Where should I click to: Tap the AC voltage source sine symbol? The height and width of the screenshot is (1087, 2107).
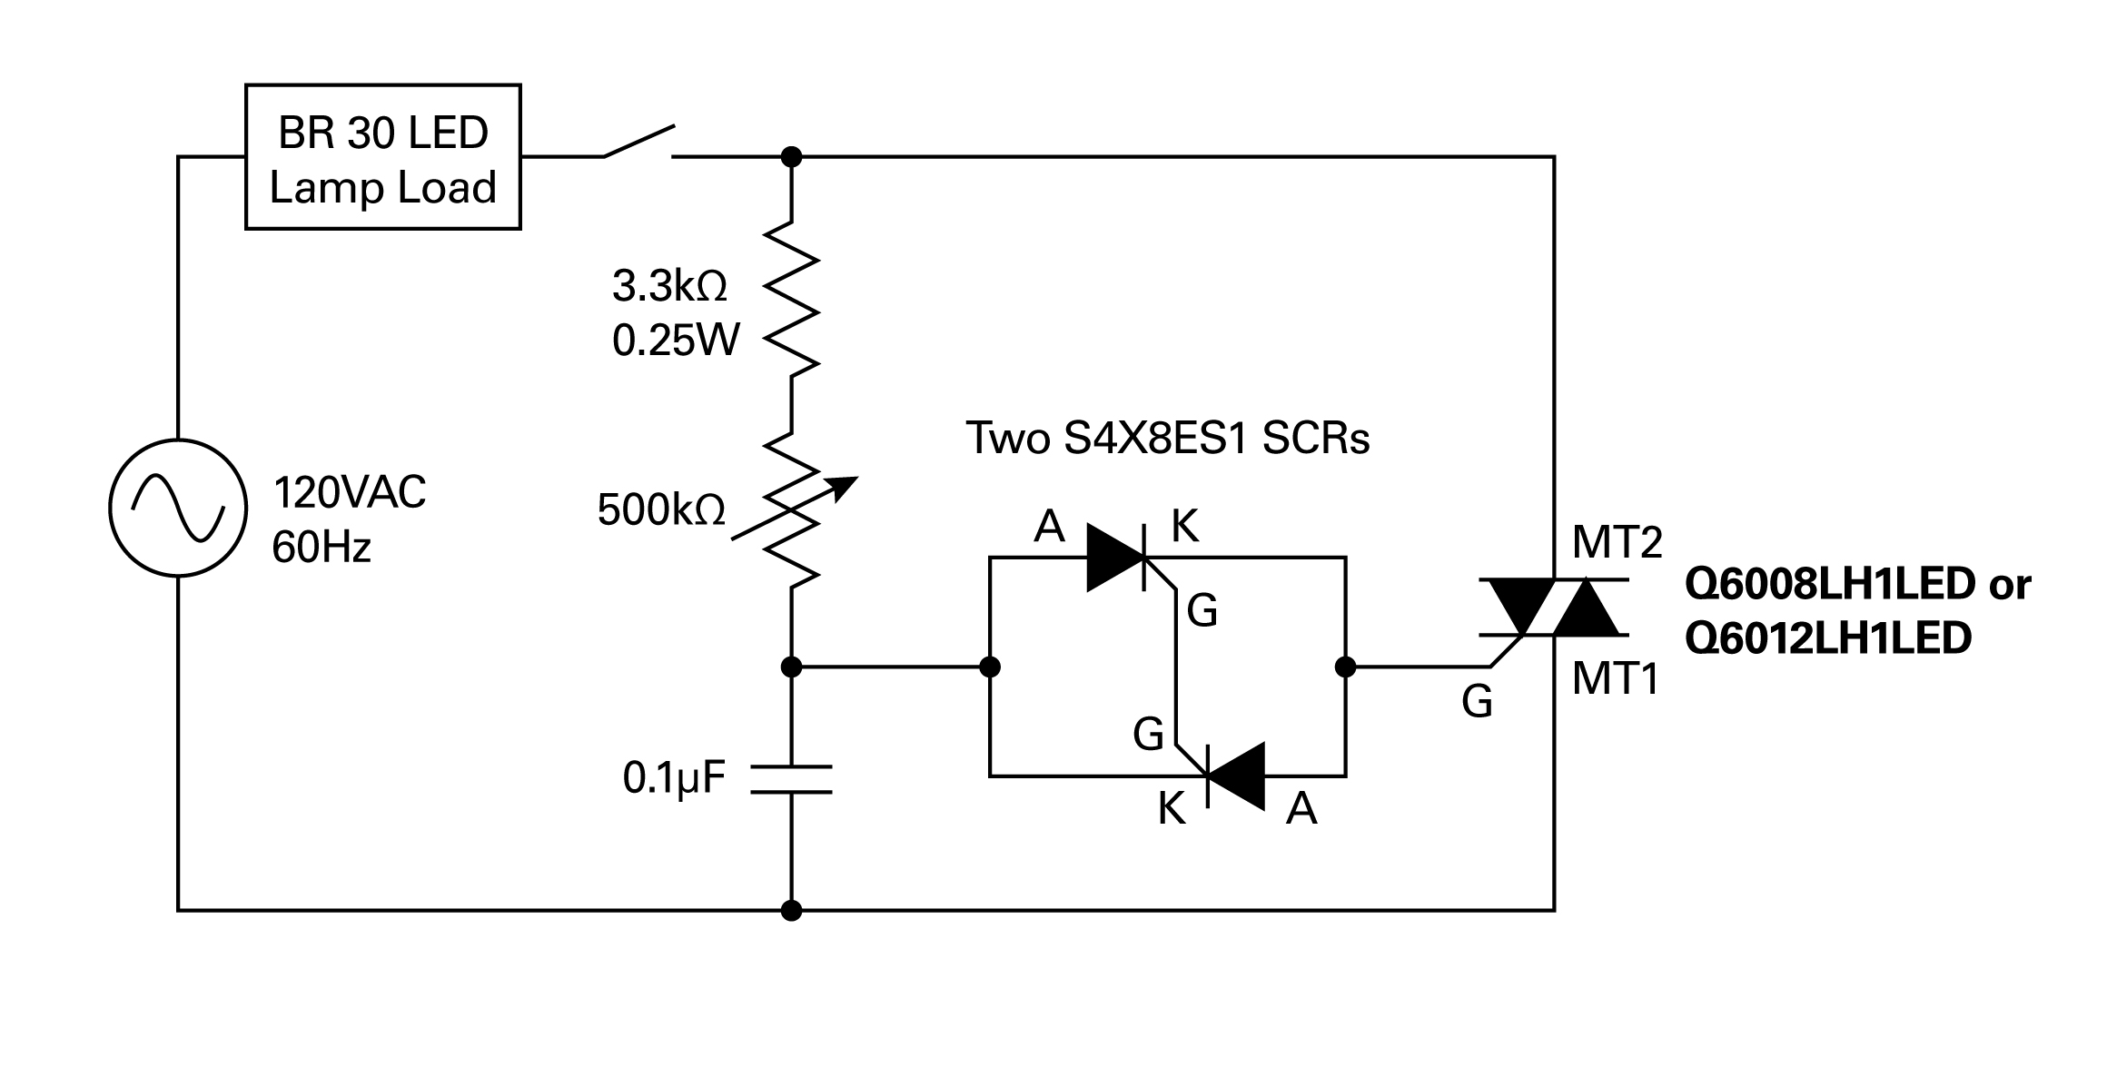point(178,508)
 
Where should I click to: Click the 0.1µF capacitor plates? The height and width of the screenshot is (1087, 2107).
point(792,779)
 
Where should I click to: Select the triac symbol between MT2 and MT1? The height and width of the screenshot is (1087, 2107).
point(1554,607)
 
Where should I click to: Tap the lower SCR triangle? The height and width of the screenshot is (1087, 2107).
point(1235,776)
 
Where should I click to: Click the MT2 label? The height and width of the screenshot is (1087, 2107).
point(1617,543)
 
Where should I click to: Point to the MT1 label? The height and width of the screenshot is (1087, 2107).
point(1616,678)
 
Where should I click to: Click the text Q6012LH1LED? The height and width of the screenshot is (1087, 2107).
point(1828,638)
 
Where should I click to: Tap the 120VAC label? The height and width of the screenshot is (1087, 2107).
point(350,493)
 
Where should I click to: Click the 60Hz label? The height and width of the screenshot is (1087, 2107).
point(321,548)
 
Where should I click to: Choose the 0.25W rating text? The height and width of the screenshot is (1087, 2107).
point(677,341)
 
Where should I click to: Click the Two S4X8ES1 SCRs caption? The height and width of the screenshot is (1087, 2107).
point(1167,438)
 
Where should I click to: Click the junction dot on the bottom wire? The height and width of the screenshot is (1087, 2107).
point(792,910)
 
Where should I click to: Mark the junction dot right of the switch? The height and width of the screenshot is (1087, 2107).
point(792,157)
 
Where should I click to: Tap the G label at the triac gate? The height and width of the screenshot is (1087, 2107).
point(1478,702)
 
